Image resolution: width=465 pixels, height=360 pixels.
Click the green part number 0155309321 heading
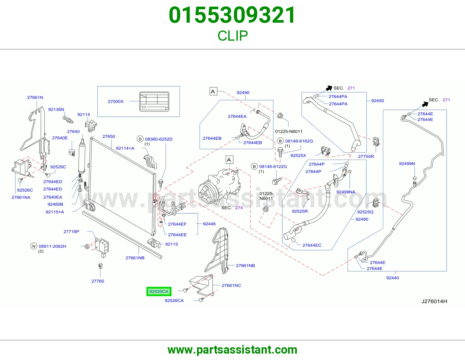coord(232,15)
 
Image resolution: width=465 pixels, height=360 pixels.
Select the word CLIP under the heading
coord(233,36)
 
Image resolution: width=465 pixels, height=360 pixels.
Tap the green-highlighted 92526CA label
coord(159,291)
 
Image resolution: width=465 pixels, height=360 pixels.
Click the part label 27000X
coord(116,101)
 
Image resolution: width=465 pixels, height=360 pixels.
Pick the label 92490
coord(243,93)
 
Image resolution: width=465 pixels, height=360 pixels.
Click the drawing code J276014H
coord(434,301)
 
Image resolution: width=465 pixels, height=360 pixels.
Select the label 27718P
coord(71,231)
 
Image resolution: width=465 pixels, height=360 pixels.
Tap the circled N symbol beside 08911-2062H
coord(34,246)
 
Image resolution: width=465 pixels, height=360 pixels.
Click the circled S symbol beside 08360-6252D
coord(140,139)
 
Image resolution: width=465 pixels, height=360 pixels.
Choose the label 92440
coord(392,278)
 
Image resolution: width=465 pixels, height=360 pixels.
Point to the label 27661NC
coord(231,285)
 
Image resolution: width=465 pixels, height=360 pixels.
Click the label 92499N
coord(407,163)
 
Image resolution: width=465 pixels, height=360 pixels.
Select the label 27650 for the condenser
coord(109,136)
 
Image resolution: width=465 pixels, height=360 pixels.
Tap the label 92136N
coord(56,109)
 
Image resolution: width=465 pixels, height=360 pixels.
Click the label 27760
coord(98,281)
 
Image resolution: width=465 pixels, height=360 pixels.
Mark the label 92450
coord(378,101)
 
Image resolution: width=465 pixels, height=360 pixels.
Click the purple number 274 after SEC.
coord(239,208)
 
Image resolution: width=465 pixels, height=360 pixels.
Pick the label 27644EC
coord(312,245)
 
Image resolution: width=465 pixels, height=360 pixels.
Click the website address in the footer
coord(233,350)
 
